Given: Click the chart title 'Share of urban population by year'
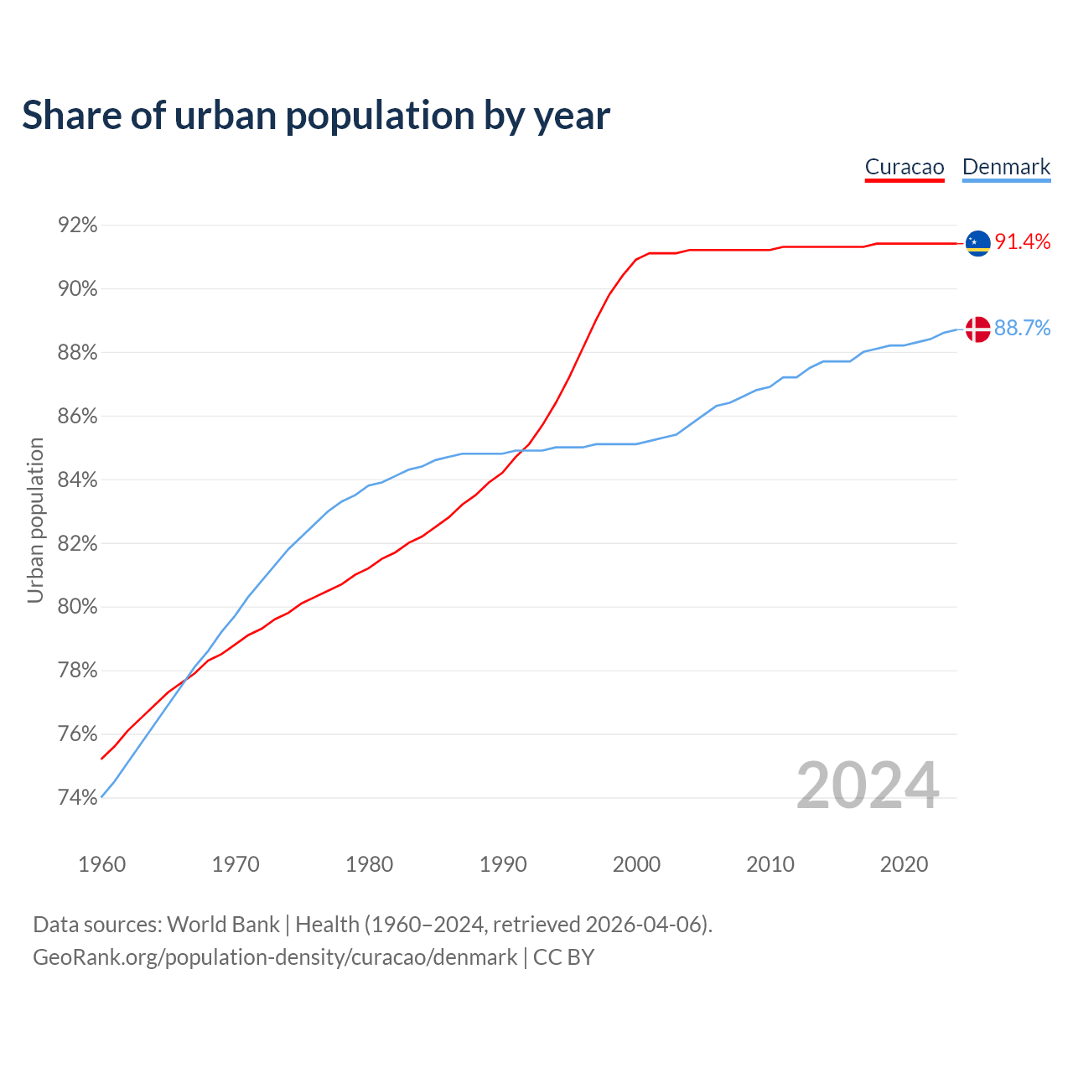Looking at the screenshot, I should coord(316,116).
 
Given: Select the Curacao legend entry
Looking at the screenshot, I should coord(905,167).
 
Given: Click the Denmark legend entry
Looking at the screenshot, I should coord(1006,167).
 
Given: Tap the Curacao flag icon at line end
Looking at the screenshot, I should coord(977,243).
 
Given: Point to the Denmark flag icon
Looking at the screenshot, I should coord(977,329).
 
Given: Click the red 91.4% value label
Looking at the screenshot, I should coord(1023,242).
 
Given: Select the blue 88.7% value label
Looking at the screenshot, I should coord(1023,329).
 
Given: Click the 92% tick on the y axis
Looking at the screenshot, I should coord(77,225).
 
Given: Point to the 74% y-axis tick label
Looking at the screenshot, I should coord(77,797).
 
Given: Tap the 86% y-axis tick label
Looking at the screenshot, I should coord(77,417).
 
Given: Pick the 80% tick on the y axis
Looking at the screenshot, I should coord(77,607).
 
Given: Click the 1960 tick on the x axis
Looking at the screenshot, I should coord(101,864).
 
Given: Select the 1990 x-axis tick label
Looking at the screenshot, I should coord(503,864).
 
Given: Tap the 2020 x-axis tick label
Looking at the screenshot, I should coord(904,864).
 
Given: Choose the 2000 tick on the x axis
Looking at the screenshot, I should coord(636,864).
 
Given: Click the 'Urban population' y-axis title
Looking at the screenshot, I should coord(35,520).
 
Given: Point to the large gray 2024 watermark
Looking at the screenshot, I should coord(868,786).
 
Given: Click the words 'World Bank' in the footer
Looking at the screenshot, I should coord(223,925).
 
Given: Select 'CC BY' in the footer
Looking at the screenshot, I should coord(563,957).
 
